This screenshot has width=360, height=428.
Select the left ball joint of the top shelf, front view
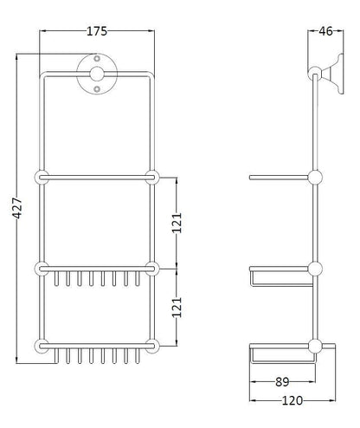tap(41, 178)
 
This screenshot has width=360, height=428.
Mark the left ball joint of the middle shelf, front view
tap(41, 267)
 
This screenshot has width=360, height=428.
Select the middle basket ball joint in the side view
tap(315, 268)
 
